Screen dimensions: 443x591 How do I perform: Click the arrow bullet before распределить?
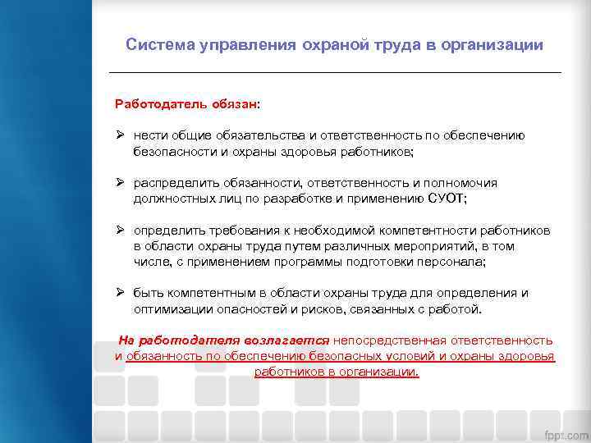coord(120,183)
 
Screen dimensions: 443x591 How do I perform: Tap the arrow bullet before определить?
coord(120,231)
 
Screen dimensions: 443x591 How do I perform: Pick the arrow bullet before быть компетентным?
coord(120,293)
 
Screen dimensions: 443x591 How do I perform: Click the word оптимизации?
coord(173,308)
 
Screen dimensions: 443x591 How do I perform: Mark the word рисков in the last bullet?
coord(325,308)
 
